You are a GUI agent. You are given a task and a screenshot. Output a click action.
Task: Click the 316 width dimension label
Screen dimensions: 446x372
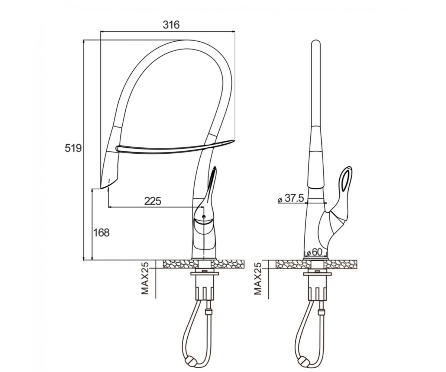coord(171,25)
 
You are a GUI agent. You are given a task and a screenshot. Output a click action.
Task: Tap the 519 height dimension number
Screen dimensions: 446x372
coord(73,148)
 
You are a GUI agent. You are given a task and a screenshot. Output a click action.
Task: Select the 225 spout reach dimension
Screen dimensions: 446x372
coord(153,201)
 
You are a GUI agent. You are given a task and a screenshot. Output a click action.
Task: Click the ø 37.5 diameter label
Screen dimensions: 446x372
coord(291,199)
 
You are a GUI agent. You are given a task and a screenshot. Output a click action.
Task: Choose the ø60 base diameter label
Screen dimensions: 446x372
coord(314,253)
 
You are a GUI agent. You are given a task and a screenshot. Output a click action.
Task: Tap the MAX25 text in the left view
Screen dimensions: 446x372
coord(145,279)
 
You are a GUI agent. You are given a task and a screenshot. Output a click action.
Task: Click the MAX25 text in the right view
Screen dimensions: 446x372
coord(258,279)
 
